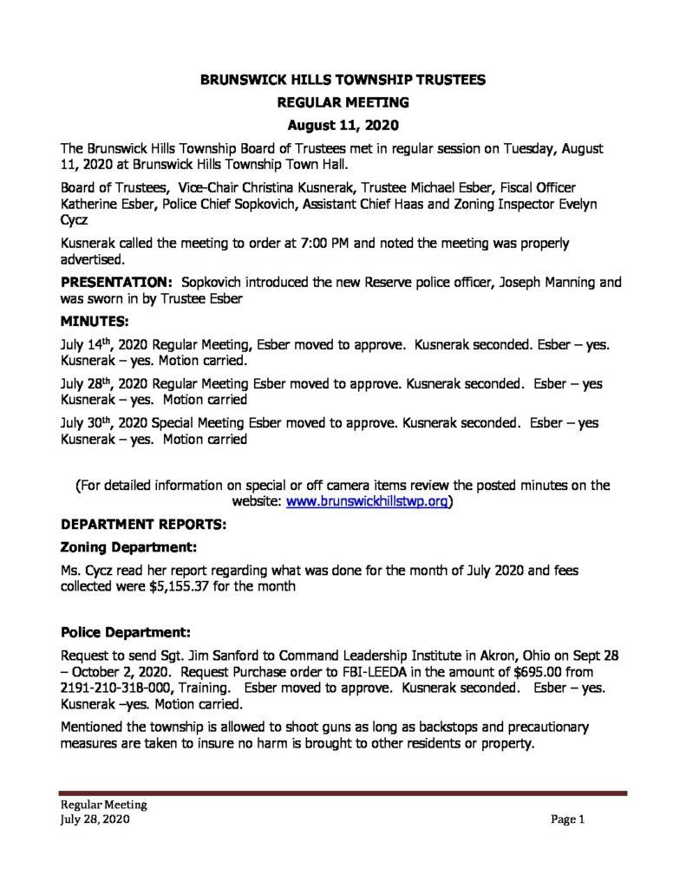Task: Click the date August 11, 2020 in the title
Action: click(343, 125)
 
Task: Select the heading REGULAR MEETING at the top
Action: click(343, 102)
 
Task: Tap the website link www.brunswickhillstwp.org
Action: click(366, 501)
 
